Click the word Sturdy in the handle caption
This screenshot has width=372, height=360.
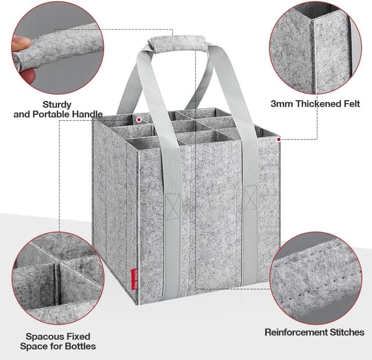coord(57,105)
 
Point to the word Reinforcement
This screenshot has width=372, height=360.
coord(297,333)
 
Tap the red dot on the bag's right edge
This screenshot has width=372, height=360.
coord(279,140)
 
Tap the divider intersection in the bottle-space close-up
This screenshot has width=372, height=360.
coord(56,269)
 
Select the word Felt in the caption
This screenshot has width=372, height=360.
coord(350,104)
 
